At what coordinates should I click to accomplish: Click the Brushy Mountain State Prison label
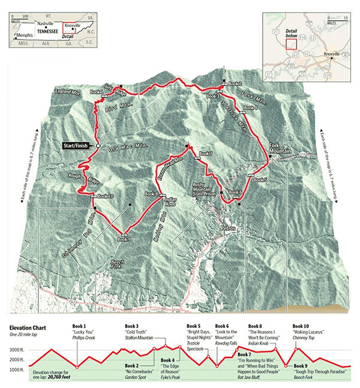coord(203,187)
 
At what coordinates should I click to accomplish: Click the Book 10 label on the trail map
coord(105,196)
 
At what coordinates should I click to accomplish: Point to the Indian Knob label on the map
coord(171,201)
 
